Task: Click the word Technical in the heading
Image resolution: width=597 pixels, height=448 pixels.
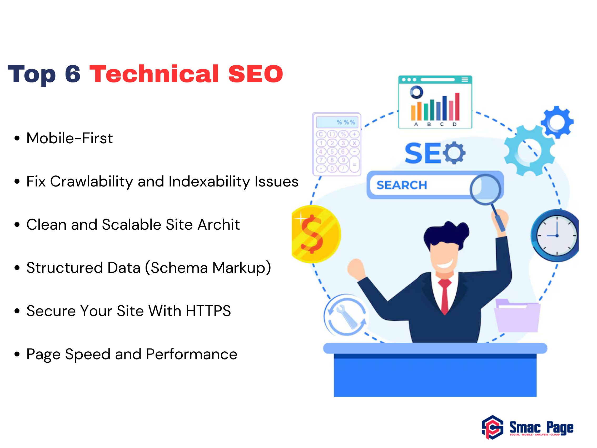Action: click(154, 74)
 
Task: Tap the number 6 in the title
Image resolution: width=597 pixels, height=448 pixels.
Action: click(73, 74)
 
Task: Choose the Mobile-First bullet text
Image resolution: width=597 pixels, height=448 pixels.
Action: click(70, 138)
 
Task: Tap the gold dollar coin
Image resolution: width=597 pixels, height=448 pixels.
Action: click(316, 234)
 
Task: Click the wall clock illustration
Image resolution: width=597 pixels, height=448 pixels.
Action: click(555, 235)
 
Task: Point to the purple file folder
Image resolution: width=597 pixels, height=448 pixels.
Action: click(517, 316)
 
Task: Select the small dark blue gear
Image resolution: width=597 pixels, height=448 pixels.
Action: click(557, 122)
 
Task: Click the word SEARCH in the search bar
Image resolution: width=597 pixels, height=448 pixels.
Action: click(402, 185)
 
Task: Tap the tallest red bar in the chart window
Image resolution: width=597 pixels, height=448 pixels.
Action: click(457, 106)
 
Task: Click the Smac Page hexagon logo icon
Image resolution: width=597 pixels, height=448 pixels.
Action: click(492, 427)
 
